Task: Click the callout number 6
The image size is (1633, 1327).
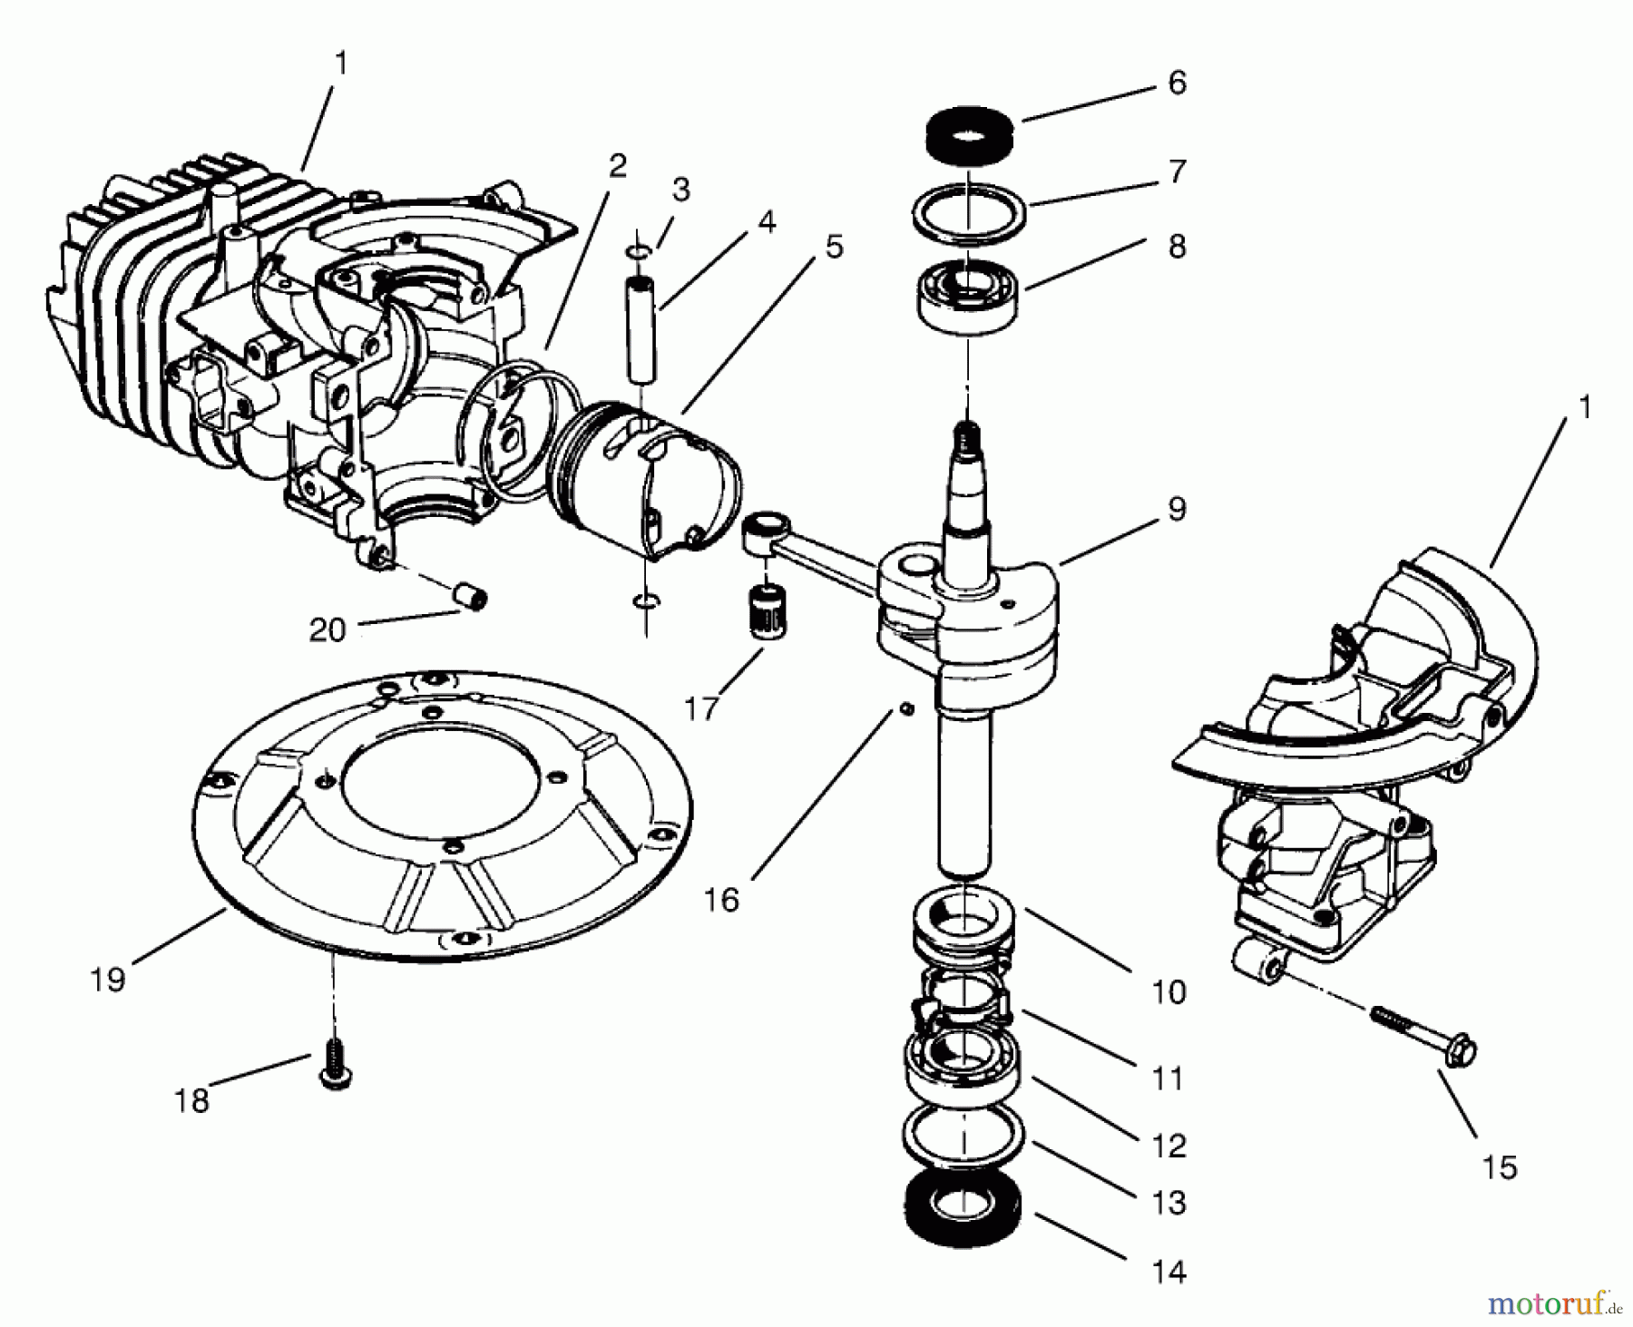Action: click(1177, 83)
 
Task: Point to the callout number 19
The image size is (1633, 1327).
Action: click(108, 980)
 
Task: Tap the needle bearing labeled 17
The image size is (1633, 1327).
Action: click(769, 615)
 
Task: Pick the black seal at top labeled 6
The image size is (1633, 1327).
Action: click(969, 133)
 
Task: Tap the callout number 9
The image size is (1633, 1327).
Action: click(1176, 509)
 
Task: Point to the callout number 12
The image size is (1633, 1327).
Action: click(1169, 1146)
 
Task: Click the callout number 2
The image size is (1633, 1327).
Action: click(617, 165)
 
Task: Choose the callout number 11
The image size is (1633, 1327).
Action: click(1169, 1079)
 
